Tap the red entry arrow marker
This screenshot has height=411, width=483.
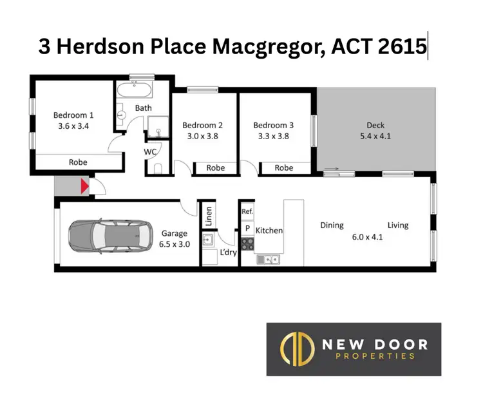[x=84, y=187]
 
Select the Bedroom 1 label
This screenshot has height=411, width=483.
[x=73, y=116]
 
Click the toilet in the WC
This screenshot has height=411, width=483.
[x=158, y=169]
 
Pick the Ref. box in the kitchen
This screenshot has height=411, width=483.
[x=247, y=211]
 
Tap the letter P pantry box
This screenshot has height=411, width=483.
[x=247, y=228]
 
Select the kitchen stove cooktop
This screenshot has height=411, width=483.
[x=247, y=244]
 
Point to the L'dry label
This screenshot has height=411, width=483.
[x=229, y=253]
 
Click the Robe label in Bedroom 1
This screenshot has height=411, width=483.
[x=78, y=162]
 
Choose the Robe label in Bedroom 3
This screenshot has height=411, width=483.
[x=284, y=167]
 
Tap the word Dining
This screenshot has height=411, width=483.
[x=332, y=225]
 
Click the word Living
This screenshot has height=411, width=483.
[x=398, y=225]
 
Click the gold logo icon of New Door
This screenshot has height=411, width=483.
[x=294, y=349]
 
